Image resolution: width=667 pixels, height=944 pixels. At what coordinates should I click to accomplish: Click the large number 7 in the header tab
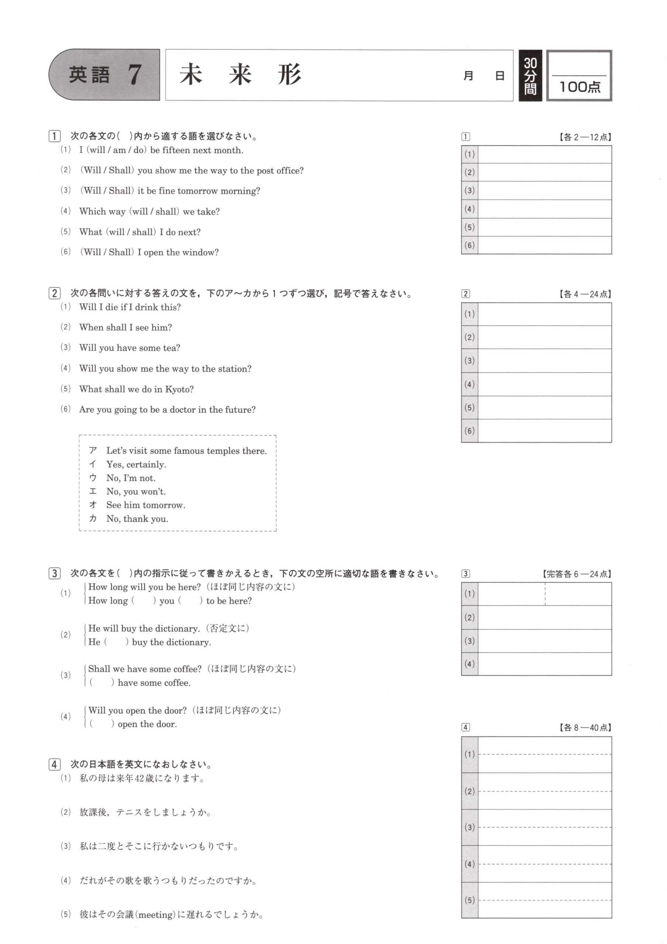pos(134,75)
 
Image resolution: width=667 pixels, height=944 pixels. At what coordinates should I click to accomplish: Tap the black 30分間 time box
pos(530,76)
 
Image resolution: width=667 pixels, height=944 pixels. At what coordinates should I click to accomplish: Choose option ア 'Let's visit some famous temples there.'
pos(186,451)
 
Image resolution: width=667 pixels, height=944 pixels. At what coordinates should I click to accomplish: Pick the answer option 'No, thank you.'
pos(137,519)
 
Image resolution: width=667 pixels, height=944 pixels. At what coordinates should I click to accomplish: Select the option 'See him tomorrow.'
pos(146,505)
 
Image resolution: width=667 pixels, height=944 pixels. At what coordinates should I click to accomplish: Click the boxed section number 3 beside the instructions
pos(54,573)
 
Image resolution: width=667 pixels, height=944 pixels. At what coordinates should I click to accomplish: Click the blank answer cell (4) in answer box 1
pos(544,209)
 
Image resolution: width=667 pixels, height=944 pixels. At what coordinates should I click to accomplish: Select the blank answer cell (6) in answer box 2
pos(544,431)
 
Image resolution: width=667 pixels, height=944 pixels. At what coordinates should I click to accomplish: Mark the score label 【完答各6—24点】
pos(577,574)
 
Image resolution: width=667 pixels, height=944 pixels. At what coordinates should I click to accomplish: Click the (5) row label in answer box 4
pos(470,900)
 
